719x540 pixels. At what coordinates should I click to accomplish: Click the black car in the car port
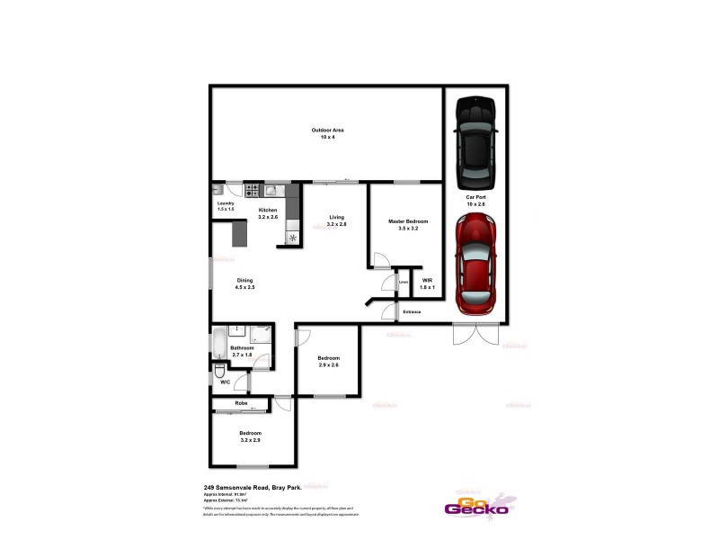475,140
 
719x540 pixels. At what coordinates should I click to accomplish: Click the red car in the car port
475,264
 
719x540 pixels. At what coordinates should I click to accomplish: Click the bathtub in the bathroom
218,344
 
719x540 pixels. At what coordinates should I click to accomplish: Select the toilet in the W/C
220,371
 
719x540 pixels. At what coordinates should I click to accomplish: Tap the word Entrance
412,311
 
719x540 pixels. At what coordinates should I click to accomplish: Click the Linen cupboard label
404,283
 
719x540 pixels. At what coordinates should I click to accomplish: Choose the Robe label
241,403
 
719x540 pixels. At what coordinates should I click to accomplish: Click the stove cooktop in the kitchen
253,190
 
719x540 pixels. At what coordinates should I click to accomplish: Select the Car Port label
475,201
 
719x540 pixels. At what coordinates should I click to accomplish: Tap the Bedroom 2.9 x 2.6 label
328,362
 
